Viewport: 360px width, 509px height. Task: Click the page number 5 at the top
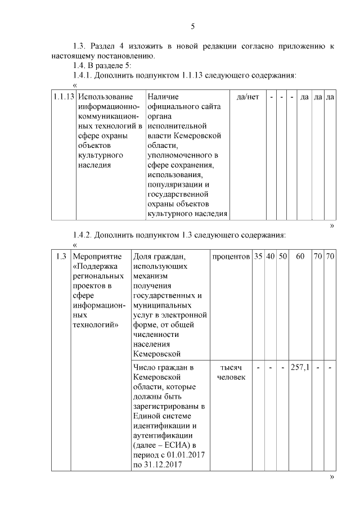point(193,26)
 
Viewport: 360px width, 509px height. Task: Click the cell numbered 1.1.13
point(64,97)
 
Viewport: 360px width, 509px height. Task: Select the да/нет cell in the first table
point(247,97)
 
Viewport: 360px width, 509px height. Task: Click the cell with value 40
point(271,256)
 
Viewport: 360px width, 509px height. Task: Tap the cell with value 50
point(283,256)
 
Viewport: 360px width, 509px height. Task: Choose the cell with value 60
point(300,256)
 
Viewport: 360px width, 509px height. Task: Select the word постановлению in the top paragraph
point(122,56)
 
